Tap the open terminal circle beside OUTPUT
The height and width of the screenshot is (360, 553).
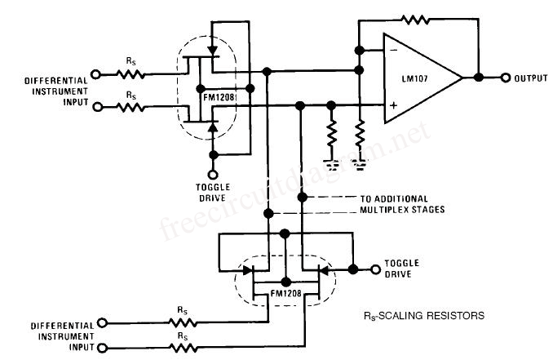click(505, 78)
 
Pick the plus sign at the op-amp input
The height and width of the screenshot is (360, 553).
click(393, 104)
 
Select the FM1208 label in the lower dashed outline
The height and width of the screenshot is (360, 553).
click(285, 290)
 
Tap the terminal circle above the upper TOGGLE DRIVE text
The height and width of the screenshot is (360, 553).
click(214, 174)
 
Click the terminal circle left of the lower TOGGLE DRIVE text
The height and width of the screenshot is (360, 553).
click(376, 268)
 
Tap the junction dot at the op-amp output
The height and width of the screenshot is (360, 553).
click(479, 78)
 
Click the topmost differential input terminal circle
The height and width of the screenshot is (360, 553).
click(96, 74)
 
